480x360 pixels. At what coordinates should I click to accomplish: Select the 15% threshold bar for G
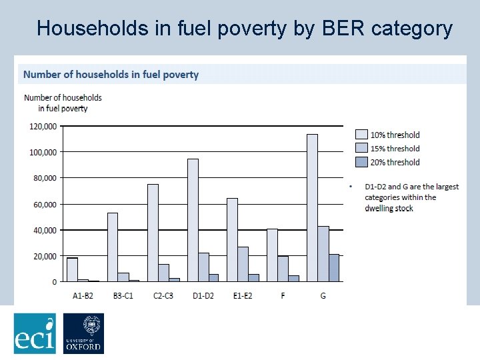[323, 254]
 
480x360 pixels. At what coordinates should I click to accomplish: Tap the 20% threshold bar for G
[334, 268]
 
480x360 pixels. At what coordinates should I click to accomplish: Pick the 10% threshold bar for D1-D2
[193, 220]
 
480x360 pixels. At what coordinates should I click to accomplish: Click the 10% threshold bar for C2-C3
[153, 233]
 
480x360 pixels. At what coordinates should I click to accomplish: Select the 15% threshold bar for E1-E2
[243, 264]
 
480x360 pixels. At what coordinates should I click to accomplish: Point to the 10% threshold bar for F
[272, 255]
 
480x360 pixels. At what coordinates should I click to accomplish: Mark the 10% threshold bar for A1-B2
[73, 270]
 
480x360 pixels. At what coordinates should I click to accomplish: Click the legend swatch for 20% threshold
[362, 162]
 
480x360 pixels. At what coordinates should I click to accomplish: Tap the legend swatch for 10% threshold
[362, 135]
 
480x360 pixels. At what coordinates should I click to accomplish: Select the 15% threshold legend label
[395, 149]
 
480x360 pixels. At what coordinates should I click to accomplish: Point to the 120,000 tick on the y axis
[42, 126]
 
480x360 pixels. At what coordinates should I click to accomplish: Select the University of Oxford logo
[83, 333]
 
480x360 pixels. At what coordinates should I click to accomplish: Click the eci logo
[35, 333]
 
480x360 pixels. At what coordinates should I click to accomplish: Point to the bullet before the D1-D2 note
[351, 187]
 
